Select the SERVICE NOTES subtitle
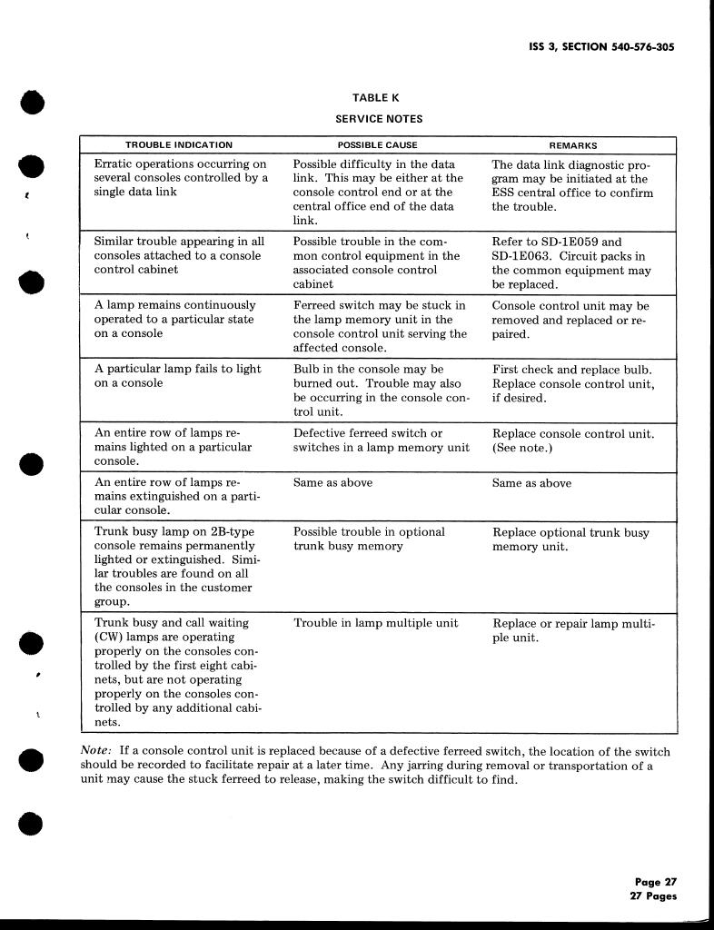[379, 119]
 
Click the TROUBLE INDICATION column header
[179, 145]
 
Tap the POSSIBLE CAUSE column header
[378, 145]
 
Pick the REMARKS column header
[573, 145]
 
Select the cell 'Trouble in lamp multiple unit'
[376, 623]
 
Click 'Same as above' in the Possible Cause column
[332, 483]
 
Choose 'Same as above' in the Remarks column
[531, 483]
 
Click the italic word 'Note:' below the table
[96, 752]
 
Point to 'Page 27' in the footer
[656, 882]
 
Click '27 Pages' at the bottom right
[654, 896]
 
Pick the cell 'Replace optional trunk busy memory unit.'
[570, 539]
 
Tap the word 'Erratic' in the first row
[115, 164]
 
